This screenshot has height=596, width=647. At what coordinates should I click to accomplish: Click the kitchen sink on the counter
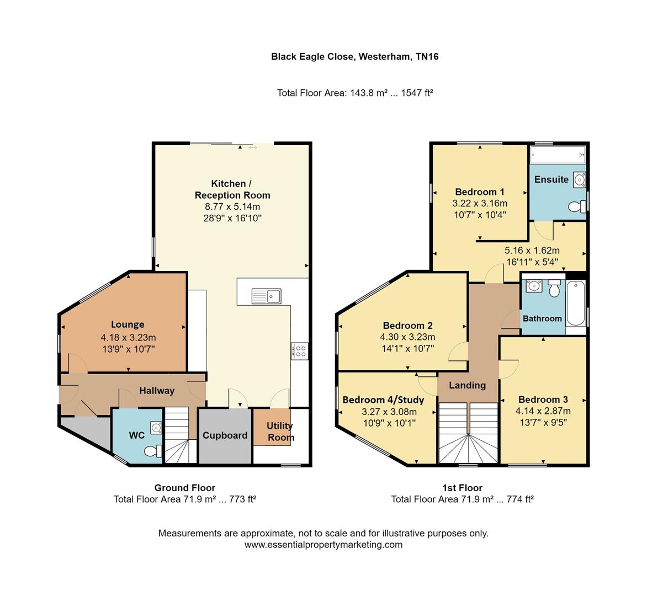pyautogui.click(x=267, y=296)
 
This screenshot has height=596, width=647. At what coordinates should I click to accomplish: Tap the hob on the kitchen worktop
pyautogui.click(x=300, y=352)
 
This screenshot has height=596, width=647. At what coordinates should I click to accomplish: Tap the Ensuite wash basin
pyautogui.click(x=579, y=179)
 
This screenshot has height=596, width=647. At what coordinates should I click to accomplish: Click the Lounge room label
pyautogui.click(x=128, y=324)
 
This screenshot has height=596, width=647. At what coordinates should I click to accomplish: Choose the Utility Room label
pyautogui.click(x=280, y=432)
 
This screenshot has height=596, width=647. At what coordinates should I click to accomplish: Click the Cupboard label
pyautogui.click(x=225, y=435)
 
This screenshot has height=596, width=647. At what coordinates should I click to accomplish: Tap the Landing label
pyautogui.click(x=467, y=385)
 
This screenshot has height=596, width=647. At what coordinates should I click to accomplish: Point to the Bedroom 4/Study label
pyautogui.click(x=383, y=400)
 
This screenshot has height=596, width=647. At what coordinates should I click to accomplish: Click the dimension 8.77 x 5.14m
pyautogui.click(x=232, y=207)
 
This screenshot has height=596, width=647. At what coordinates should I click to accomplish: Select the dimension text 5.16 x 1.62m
pyautogui.click(x=532, y=250)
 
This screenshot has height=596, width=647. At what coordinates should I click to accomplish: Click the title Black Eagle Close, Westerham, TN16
pyautogui.click(x=354, y=56)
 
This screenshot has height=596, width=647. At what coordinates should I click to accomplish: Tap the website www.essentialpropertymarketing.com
pyautogui.click(x=324, y=545)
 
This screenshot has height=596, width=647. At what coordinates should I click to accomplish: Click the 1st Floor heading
pyautogui.click(x=462, y=488)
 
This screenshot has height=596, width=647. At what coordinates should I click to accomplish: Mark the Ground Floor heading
pyautogui.click(x=184, y=488)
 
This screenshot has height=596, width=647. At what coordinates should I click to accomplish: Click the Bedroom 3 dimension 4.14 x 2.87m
pyautogui.click(x=543, y=411)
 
